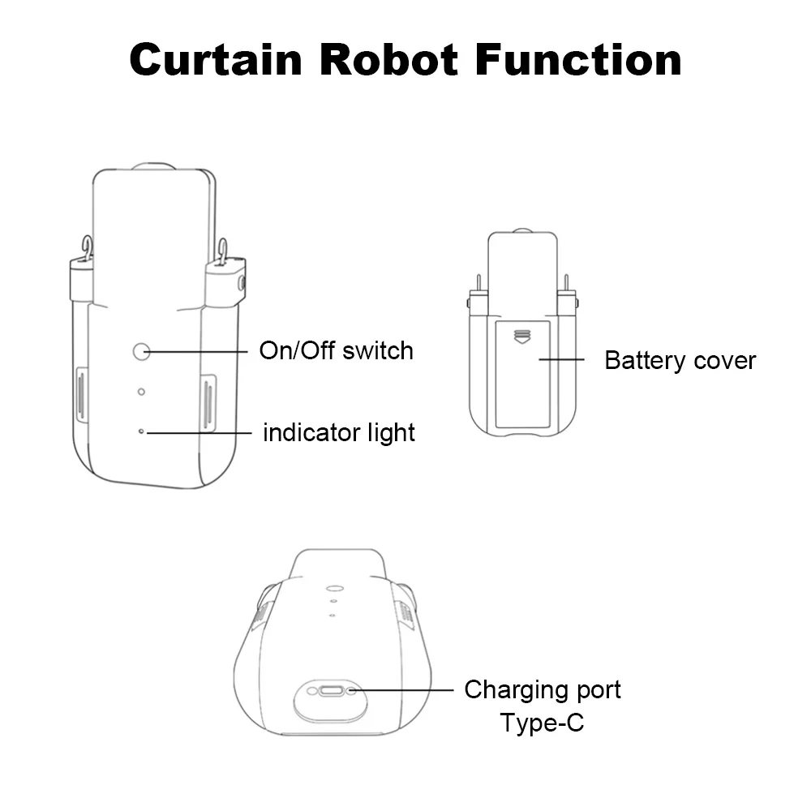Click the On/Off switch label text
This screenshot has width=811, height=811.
pyautogui.click(x=336, y=350)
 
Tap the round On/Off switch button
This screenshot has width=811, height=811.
pyautogui.click(x=142, y=351)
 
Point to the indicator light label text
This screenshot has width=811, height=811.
pyautogui.click(x=338, y=432)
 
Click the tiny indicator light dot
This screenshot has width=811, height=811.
pyautogui.click(x=142, y=431)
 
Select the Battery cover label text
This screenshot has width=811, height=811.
pyautogui.click(x=680, y=360)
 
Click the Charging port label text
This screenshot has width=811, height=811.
pyautogui.click(x=542, y=690)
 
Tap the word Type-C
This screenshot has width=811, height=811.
pyautogui.click(x=542, y=722)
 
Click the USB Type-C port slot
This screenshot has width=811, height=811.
pyautogui.click(x=331, y=692)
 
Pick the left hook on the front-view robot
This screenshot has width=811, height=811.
pyautogui.click(x=87, y=247)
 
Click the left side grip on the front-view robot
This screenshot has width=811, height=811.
pyautogui.click(x=81, y=396)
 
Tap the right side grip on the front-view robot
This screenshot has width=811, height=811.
pyautogui.click(x=208, y=402)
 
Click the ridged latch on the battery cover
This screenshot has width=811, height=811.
pyautogui.click(x=521, y=334)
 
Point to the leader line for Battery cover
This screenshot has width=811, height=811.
pyautogui.click(x=561, y=358)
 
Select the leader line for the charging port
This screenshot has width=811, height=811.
pyautogui.click(x=401, y=690)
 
